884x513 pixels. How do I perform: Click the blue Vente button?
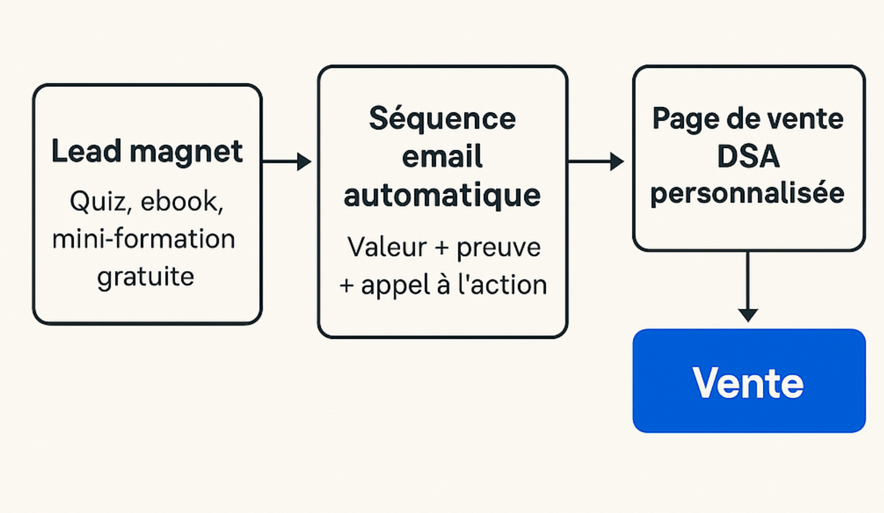coord(748,382)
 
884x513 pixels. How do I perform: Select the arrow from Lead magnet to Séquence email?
coord(287,161)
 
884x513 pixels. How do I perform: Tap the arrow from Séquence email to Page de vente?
coord(596,161)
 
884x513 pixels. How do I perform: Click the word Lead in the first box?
coord(85,151)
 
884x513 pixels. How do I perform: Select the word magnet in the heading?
coord(186,152)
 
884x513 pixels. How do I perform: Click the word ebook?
coord(182,202)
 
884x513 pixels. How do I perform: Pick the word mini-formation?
coord(144,239)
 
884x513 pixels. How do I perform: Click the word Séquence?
coord(442,119)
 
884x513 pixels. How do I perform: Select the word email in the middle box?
coord(442,157)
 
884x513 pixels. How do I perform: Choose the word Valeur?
coord(387,246)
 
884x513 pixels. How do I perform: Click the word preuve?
coord(499,248)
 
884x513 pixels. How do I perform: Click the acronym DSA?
coord(748,156)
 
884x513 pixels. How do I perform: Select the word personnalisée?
coord(747,193)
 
